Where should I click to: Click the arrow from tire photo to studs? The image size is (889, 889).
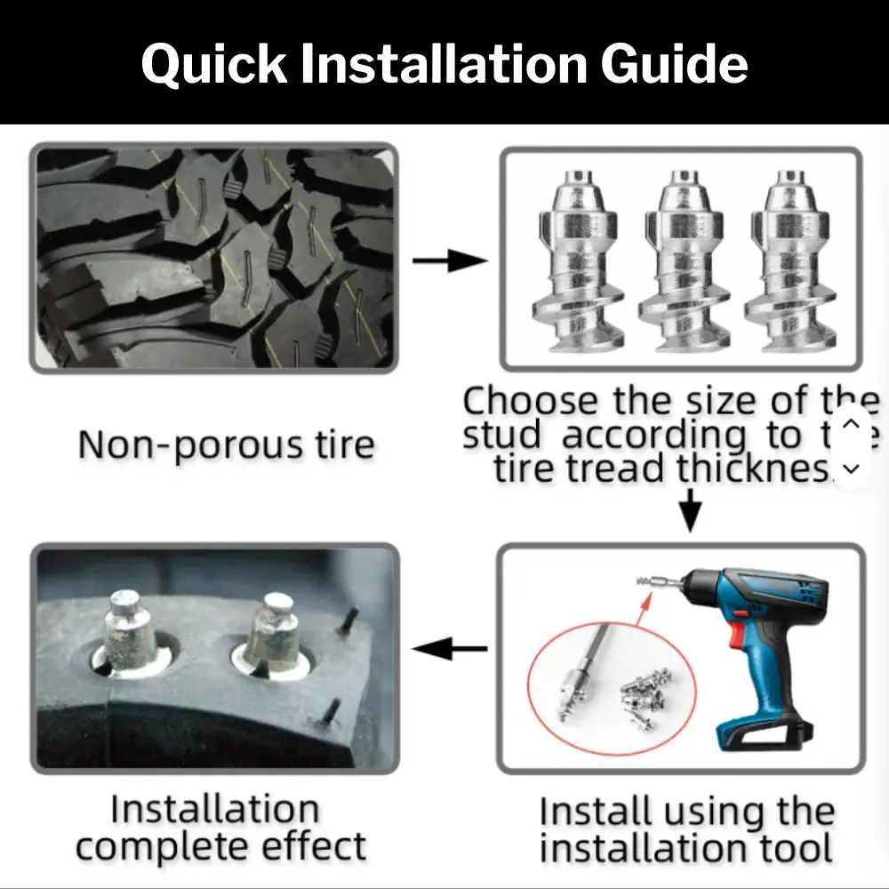(x=449, y=261)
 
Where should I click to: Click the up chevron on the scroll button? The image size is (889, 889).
(x=851, y=423)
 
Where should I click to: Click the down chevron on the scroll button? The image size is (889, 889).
(x=851, y=468)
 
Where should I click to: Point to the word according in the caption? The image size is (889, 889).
(x=654, y=436)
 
